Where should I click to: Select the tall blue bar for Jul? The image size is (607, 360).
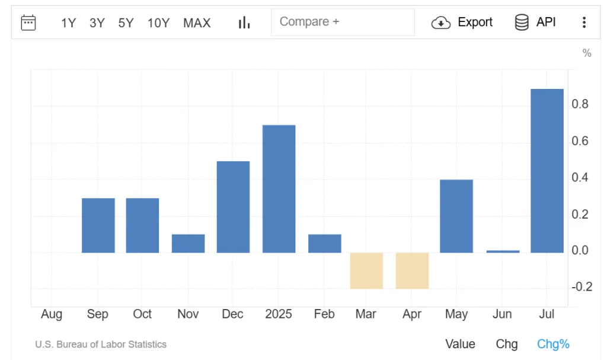click(x=547, y=171)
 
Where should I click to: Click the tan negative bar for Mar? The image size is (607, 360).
click(x=366, y=270)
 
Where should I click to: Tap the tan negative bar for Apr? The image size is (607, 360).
click(x=412, y=270)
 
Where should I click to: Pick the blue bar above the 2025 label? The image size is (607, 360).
click(x=279, y=189)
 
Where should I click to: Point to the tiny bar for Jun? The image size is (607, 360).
click(x=503, y=251)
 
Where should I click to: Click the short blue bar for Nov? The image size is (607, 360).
click(x=188, y=243)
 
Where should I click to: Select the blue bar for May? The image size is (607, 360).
click(x=456, y=216)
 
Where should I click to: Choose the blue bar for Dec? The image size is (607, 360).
click(x=233, y=207)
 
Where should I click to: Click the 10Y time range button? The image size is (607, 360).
click(x=158, y=23)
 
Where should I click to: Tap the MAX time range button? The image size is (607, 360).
click(x=197, y=23)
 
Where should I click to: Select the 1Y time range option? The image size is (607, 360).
click(x=68, y=23)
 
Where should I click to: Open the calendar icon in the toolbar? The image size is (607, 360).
click(x=28, y=23)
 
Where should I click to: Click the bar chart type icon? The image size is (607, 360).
click(x=244, y=23)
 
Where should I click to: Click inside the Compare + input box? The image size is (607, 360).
click(x=343, y=23)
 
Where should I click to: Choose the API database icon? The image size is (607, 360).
click(x=522, y=23)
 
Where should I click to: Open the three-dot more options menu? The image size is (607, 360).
click(x=584, y=23)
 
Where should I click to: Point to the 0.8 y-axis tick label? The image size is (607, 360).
click(x=581, y=104)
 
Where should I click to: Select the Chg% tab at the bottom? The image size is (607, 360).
click(x=552, y=344)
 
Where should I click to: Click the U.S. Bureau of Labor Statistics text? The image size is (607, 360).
click(x=101, y=344)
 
